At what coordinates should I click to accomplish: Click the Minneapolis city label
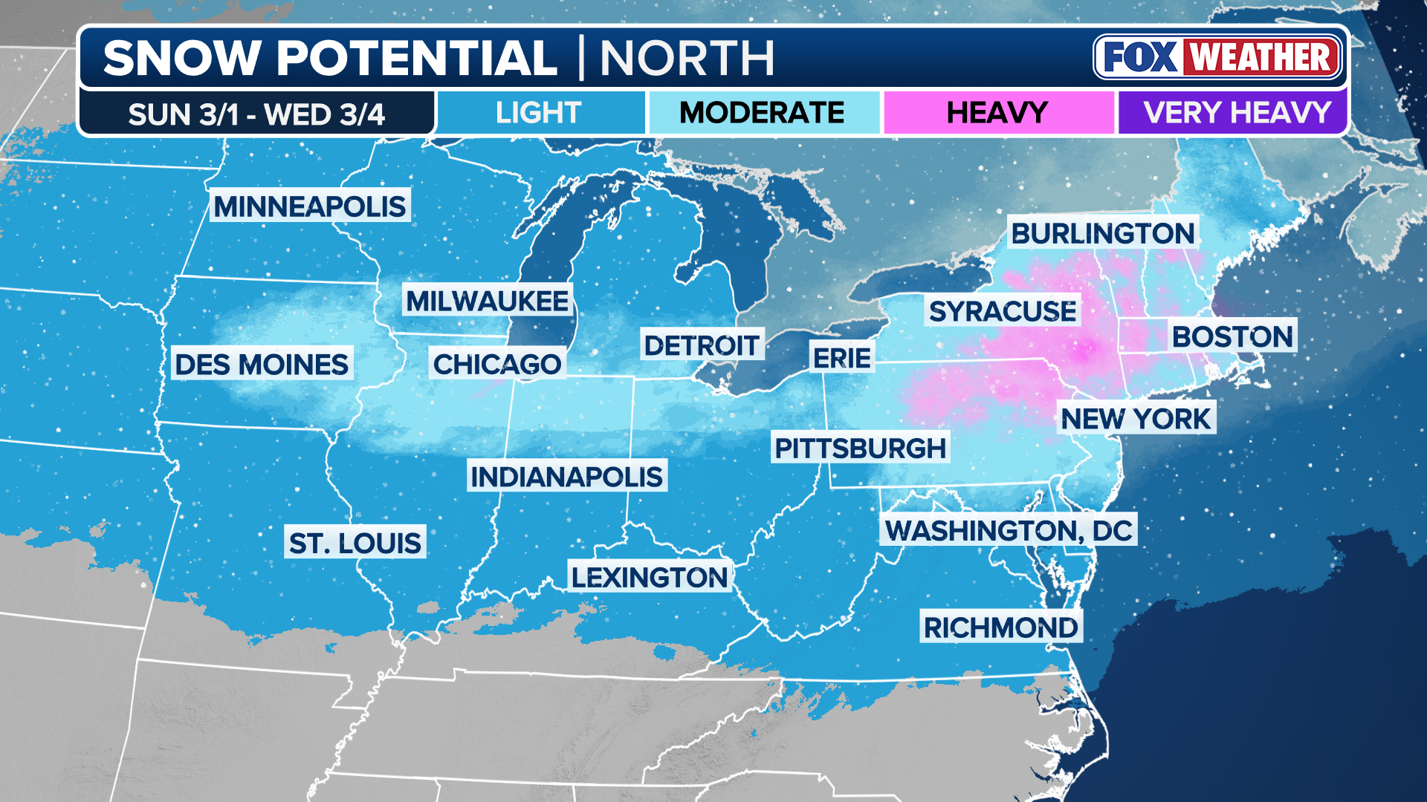coord(310,206)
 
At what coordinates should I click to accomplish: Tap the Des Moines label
coord(261,365)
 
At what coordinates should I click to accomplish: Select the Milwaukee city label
coord(487,301)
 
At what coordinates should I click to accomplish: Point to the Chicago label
coord(496,365)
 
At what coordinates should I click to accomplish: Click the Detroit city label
coord(702,345)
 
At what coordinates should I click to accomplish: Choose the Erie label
coord(841,358)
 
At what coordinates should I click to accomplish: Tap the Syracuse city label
coord(1003,311)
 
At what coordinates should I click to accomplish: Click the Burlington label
coord(1103,234)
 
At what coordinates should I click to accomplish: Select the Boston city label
coord(1232,337)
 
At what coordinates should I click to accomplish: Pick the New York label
coord(1136,419)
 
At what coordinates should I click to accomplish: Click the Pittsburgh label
coord(860,449)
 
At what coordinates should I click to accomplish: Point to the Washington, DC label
coord(1009,530)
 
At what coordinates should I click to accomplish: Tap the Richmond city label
coord(1000,627)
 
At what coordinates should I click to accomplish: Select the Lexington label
coord(649,577)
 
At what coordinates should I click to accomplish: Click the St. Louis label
coord(355,543)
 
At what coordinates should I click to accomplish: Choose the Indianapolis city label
coord(566,477)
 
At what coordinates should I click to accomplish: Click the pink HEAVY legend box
coord(997,113)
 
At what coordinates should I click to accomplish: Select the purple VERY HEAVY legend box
coord(1236,113)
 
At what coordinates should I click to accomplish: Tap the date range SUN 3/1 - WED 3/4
coord(256,114)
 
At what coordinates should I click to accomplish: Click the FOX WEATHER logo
coord(1218,57)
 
